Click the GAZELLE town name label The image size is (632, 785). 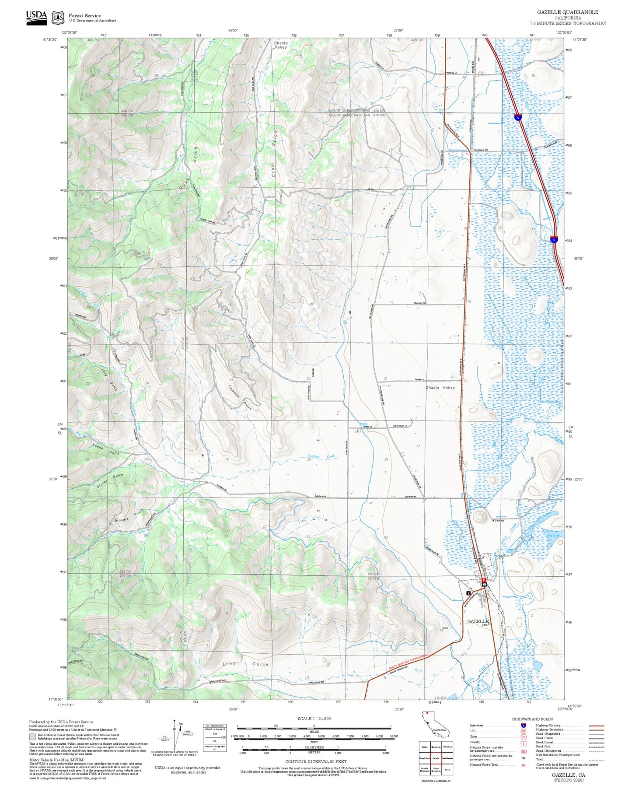coord(477,621)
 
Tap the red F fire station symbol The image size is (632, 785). coord(484,581)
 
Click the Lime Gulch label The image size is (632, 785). coord(245,664)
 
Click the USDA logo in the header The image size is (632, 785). coord(36,18)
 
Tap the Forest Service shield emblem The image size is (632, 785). coord(58,18)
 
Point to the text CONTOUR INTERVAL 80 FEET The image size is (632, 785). coord(315,761)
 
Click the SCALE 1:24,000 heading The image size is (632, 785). coord(314,718)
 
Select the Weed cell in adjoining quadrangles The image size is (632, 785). coord(447,769)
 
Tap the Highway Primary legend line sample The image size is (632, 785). coord(596,725)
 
